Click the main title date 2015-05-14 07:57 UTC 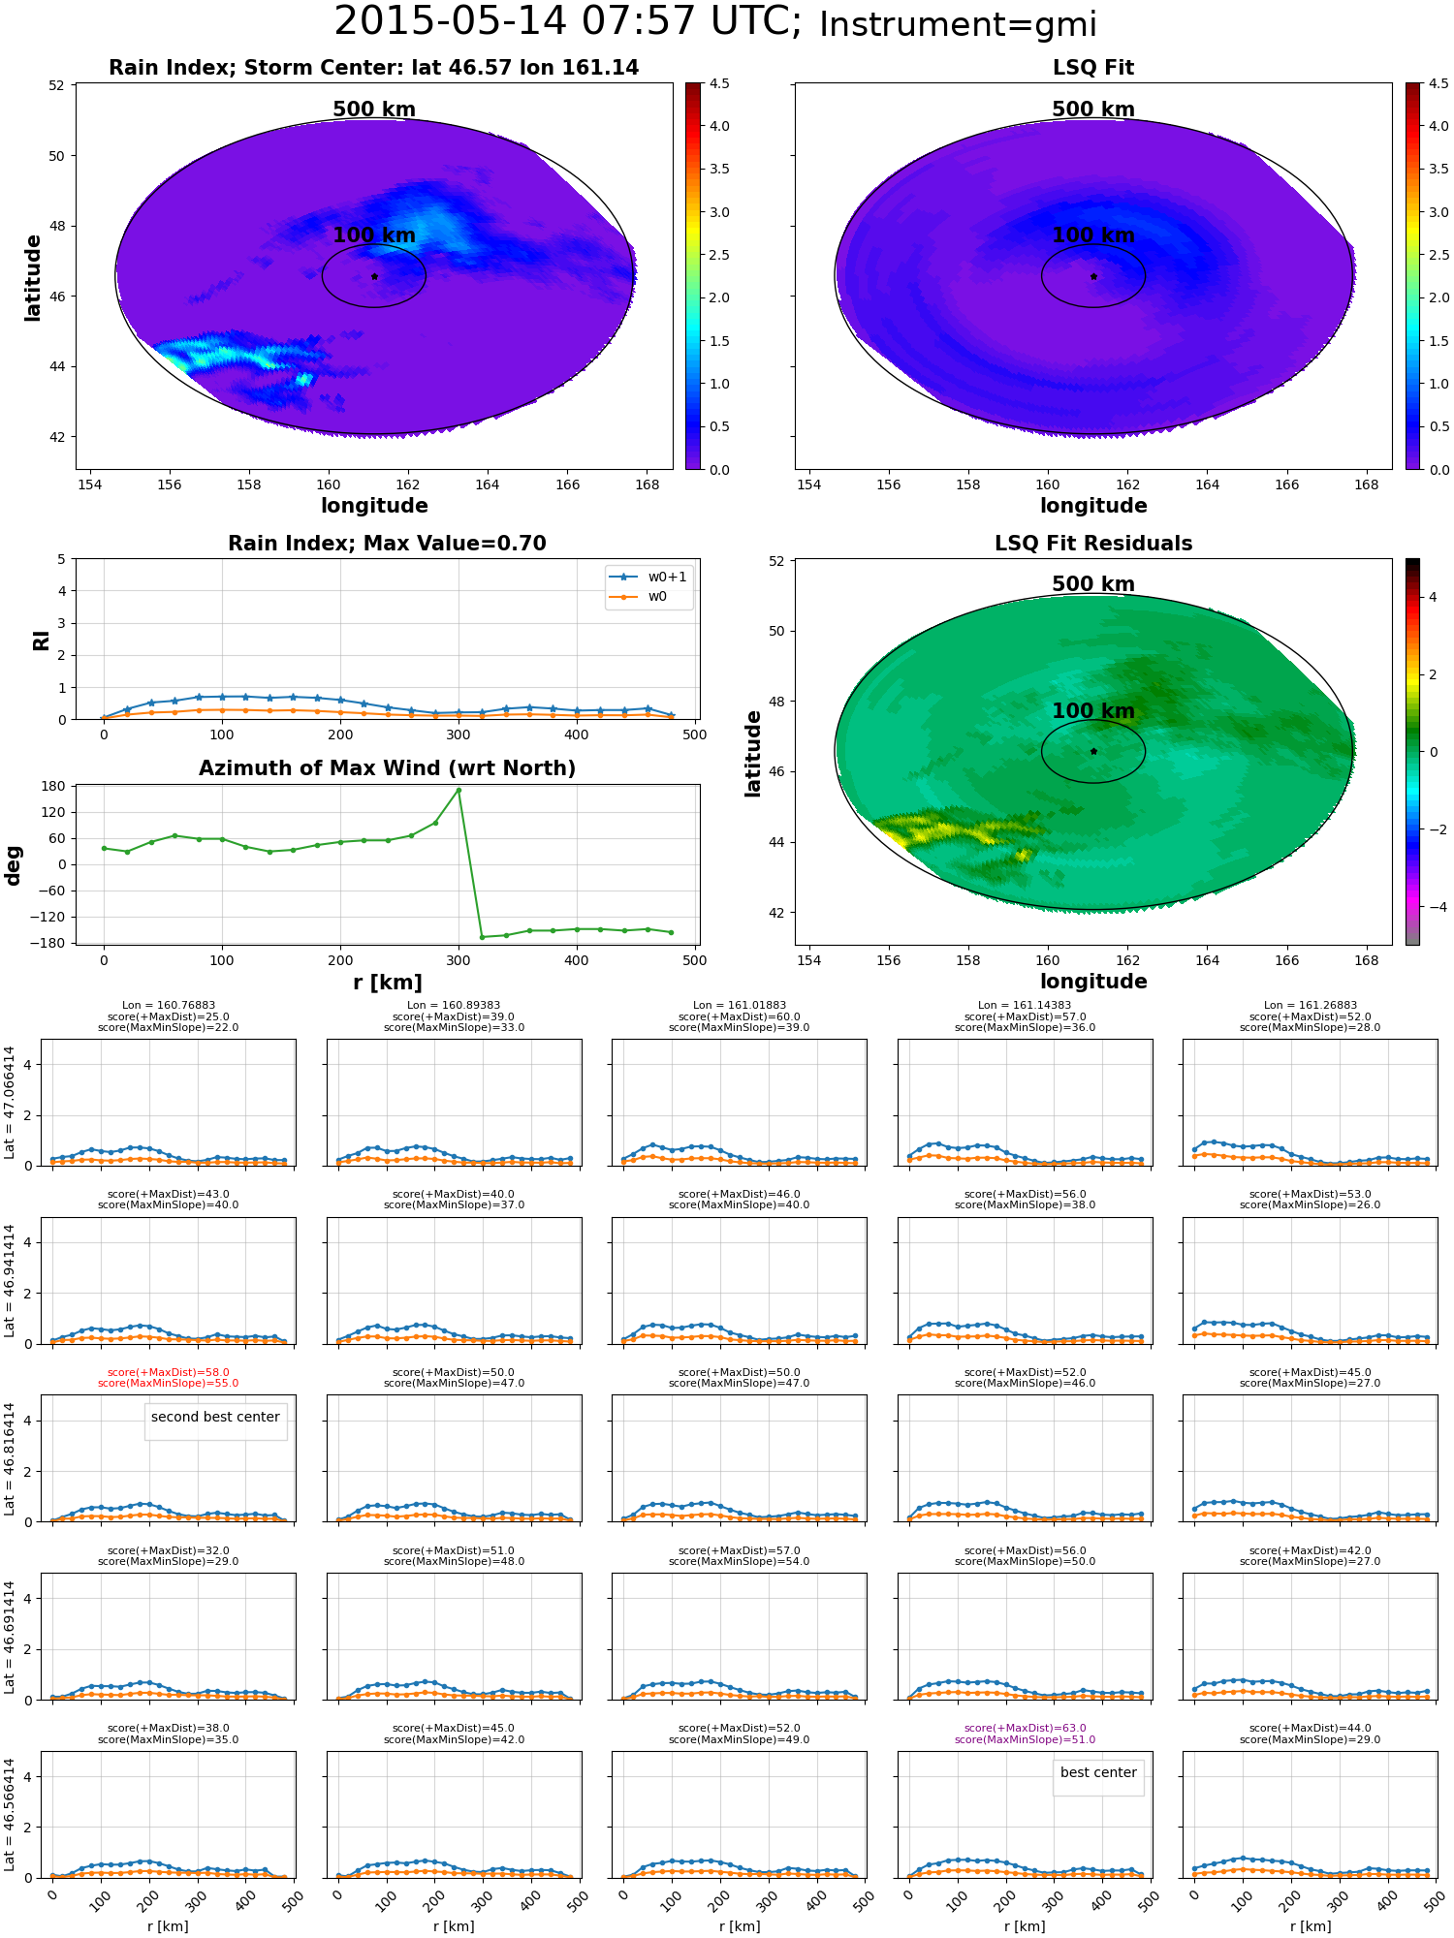tap(568, 21)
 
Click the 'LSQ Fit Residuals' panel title tap(1093, 544)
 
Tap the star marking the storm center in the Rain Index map tap(374, 276)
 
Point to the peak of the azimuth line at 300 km tap(458, 790)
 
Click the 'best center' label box tap(1098, 1772)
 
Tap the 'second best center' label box tap(215, 1417)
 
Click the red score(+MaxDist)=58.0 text tap(169, 1372)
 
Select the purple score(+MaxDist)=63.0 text tap(1026, 1728)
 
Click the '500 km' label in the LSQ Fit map tap(1093, 109)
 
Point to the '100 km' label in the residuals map tap(1093, 711)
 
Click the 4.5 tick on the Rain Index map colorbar tap(719, 83)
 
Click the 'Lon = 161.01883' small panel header tap(740, 1006)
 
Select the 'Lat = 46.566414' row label tap(10, 1814)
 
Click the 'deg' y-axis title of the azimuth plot tap(14, 865)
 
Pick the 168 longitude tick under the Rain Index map tap(647, 484)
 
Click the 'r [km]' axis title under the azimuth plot tap(388, 983)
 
